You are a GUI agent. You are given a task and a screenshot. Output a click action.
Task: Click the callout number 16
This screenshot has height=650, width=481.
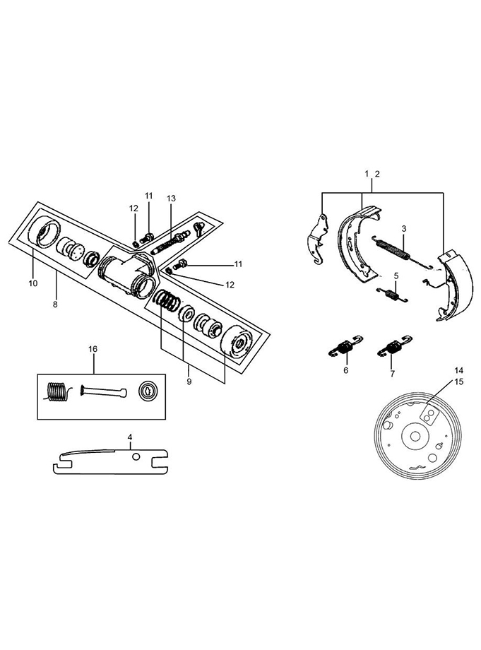(93, 349)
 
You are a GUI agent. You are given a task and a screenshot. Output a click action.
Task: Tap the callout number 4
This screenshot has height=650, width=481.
(130, 437)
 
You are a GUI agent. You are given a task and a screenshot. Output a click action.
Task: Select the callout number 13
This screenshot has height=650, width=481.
(171, 199)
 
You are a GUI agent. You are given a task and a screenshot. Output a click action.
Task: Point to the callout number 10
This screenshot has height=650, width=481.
(33, 283)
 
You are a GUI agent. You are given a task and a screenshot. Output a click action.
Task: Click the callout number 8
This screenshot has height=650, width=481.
(55, 305)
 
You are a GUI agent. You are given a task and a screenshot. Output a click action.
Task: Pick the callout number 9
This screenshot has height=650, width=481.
(189, 382)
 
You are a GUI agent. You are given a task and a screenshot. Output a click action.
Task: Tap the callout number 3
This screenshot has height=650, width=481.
(404, 228)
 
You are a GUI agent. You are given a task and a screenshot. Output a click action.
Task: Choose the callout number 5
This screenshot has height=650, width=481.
(396, 276)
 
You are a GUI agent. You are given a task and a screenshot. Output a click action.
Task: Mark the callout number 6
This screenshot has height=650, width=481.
(346, 370)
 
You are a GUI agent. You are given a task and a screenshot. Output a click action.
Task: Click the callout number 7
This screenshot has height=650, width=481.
(392, 374)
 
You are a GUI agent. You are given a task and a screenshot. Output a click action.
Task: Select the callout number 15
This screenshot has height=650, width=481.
(458, 382)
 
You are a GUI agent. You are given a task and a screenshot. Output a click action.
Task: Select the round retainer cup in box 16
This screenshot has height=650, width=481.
(148, 391)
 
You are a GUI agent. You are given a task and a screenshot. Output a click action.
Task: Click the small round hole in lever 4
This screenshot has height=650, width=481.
(136, 457)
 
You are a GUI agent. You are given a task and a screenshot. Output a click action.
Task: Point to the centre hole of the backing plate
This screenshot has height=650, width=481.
(415, 437)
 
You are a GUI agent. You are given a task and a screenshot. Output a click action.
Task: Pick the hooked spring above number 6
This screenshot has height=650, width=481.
(345, 345)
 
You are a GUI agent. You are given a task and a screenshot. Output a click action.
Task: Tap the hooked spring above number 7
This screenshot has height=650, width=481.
(395, 345)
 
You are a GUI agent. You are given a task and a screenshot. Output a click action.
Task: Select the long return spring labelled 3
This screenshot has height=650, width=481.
(401, 252)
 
